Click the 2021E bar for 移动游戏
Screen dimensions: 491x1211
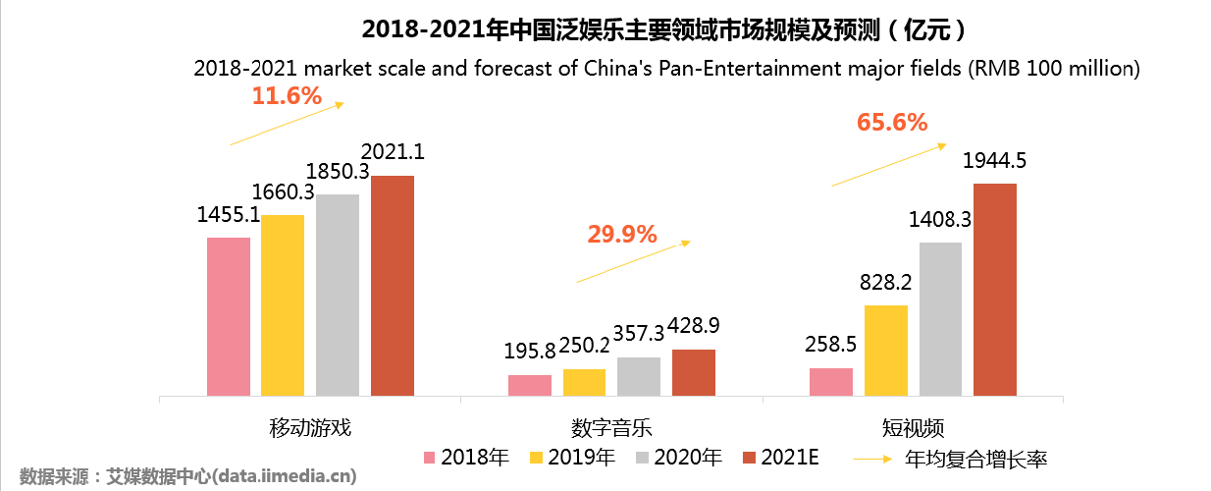tap(393, 286)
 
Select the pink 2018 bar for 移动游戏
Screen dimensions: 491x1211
tap(229, 316)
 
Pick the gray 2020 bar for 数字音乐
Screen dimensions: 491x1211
tap(639, 376)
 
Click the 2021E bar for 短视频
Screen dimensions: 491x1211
tap(994, 290)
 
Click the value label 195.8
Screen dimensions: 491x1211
tap(529, 351)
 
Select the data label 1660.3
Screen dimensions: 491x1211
tap(283, 191)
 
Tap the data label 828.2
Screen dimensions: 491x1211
tap(885, 282)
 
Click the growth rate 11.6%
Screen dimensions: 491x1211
tap(287, 96)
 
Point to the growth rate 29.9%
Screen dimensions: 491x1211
tap(621, 234)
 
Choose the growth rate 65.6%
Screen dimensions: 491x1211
tap(892, 123)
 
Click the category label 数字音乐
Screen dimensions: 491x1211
tap(611, 428)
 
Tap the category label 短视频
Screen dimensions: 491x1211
tap(913, 428)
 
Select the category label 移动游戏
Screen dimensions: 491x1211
tap(310, 428)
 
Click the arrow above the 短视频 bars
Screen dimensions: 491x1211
tap(889, 164)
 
